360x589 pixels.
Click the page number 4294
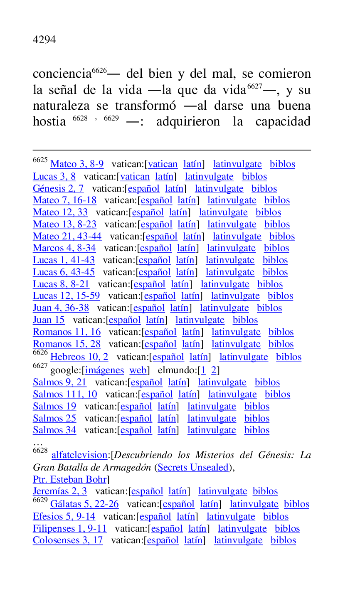[x=44, y=40]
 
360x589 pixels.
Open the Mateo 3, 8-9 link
[x=77, y=164]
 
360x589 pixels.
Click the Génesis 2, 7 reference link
[x=58, y=189]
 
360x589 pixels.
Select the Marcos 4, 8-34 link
[x=64, y=248]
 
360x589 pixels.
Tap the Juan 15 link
[x=49, y=320]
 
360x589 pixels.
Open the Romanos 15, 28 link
[x=67, y=344]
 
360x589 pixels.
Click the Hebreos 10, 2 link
[x=79, y=357]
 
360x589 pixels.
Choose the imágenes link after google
[x=104, y=370]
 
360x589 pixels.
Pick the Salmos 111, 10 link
[x=65, y=394]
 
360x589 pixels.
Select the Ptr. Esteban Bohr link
[x=69, y=479]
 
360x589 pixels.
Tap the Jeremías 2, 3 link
[x=60, y=491]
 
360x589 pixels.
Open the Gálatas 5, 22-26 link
[x=84, y=504]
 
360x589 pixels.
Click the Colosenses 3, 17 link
[x=68, y=540]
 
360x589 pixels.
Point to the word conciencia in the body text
[x=62, y=74]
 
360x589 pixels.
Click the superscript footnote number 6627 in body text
[x=254, y=86]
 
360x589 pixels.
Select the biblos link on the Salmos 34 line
[x=256, y=430]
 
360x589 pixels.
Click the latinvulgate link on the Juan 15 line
[x=200, y=320]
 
